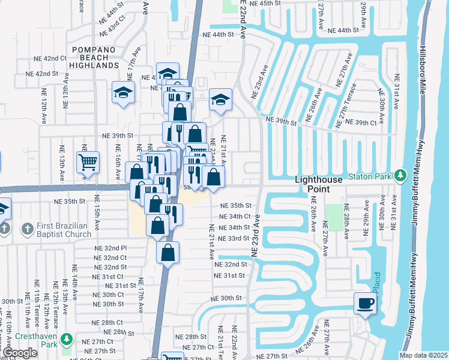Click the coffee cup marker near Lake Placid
[x=365, y=303]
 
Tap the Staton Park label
[x=373, y=175]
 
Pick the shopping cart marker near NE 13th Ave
[x=87, y=162]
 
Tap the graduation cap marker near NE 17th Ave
[x=123, y=93]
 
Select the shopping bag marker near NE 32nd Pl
[x=168, y=252]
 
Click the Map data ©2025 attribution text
[x=423, y=355]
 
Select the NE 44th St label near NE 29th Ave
[x=344, y=30]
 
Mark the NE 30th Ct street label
[x=109, y=295]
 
